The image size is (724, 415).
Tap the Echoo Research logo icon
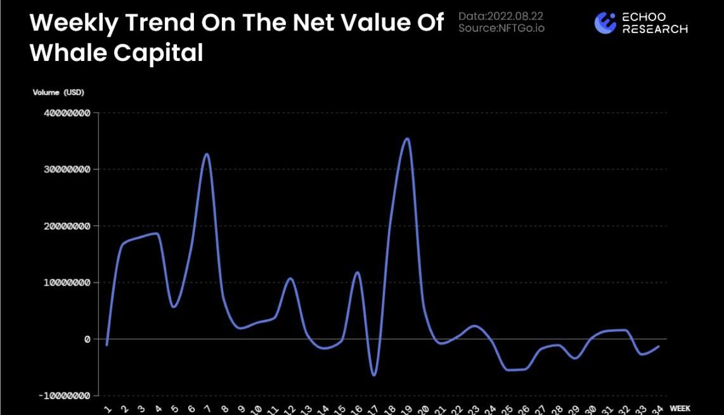click(x=605, y=23)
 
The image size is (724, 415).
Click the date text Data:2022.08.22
click(x=501, y=16)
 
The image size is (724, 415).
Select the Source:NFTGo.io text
click(x=501, y=28)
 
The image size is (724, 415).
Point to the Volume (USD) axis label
click(x=58, y=93)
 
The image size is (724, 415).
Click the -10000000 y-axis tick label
click(x=64, y=395)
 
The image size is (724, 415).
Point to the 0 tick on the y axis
click(x=87, y=339)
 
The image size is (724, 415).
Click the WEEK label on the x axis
click(x=680, y=409)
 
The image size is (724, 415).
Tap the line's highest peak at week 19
click(x=408, y=138)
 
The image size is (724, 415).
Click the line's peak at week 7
click(x=207, y=154)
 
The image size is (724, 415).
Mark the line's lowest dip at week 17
click(x=374, y=374)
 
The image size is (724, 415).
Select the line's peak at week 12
click(x=290, y=279)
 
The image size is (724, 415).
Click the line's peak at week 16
click(x=358, y=272)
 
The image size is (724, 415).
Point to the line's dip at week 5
click(x=174, y=307)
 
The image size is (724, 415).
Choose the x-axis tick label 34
click(x=658, y=409)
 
